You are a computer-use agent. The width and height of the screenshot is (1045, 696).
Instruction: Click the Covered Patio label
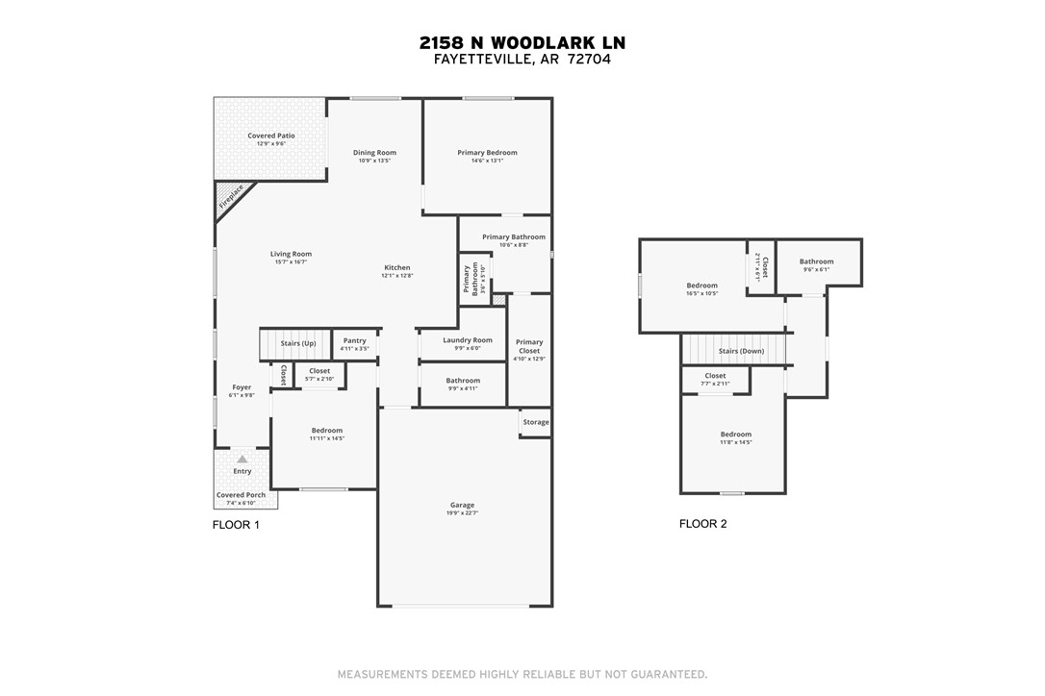tap(271, 136)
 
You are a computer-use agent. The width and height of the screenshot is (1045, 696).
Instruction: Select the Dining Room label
tap(374, 152)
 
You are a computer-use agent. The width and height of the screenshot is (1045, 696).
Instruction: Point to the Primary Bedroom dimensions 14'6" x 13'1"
tap(487, 161)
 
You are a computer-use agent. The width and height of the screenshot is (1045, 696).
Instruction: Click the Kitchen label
tap(396, 267)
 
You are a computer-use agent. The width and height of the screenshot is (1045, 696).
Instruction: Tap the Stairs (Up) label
tap(297, 343)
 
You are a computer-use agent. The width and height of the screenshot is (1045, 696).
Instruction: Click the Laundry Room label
tap(468, 339)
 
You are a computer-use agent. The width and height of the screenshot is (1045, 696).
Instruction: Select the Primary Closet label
tap(529, 346)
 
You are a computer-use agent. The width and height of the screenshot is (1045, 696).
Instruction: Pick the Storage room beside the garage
tap(536, 422)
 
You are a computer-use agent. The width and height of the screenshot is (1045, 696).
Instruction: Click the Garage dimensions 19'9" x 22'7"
tap(463, 513)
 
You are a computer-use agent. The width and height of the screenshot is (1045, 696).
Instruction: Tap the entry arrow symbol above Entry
tap(242, 460)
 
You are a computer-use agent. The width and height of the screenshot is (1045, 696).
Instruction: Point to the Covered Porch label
tap(241, 495)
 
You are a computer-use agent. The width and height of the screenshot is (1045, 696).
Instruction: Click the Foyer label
tap(241, 387)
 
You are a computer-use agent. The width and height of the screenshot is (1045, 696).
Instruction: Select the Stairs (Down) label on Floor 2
tap(735, 351)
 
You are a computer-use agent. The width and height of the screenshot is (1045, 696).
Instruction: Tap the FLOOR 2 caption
tap(702, 524)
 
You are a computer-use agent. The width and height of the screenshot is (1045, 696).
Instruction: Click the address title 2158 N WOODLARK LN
tap(522, 42)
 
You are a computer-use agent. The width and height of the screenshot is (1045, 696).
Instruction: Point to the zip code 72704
tap(588, 59)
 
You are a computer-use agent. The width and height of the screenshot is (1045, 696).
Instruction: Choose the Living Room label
tap(291, 254)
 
